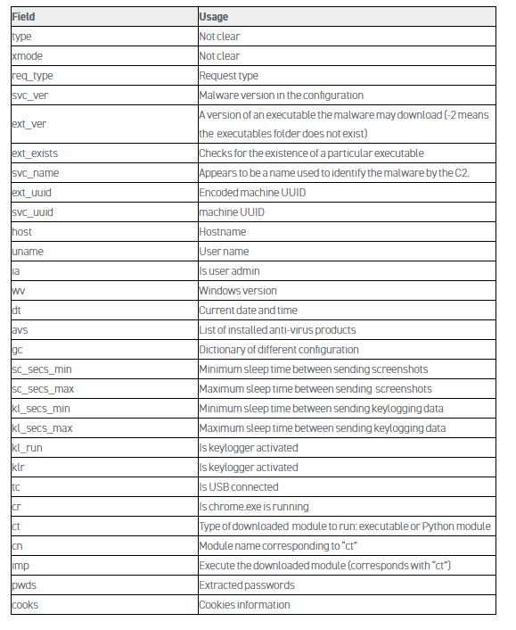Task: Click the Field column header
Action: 23,17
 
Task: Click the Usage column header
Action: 214,17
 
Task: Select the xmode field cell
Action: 27,56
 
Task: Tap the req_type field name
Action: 32,76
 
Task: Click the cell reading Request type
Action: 229,76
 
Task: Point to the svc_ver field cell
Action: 29,95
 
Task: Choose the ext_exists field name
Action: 35,153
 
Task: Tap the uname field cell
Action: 28,252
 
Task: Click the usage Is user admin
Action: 230,271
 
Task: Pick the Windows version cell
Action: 238,291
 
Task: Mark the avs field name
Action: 20,330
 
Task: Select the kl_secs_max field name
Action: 42,428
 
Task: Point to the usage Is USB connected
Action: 239,487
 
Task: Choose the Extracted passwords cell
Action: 247,585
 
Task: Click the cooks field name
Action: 25,605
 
